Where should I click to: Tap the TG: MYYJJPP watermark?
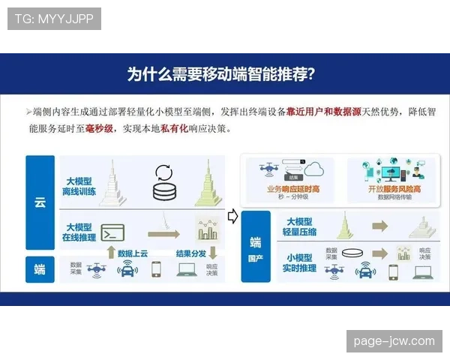pos(54,19)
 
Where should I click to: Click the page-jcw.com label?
pos(392,341)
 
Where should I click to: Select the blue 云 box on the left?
pos(40,202)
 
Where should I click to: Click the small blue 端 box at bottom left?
pos(40,268)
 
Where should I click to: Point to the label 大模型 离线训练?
pos(81,186)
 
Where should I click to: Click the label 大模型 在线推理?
pos(81,232)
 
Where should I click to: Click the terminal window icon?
pos(112,231)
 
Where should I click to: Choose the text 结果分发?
pos(190,253)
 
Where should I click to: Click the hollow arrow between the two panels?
pos(232,216)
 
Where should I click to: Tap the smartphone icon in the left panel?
pos(157,268)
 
